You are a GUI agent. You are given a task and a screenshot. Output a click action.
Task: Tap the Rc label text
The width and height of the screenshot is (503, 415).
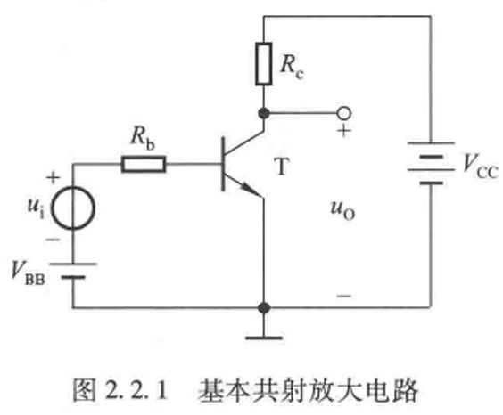click(x=292, y=67)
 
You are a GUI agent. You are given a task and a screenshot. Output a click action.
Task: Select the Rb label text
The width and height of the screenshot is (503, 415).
click(x=143, y=138)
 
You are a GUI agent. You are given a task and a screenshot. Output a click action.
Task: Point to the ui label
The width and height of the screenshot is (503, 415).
click(x=36, y=207)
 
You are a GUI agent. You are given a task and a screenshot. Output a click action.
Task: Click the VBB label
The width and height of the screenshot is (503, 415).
click(x=29, y=273)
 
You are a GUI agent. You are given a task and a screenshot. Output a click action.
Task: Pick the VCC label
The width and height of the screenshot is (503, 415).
click(x=481, y=166)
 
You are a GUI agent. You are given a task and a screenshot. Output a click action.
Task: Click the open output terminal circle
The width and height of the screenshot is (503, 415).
click(x=343, y=113)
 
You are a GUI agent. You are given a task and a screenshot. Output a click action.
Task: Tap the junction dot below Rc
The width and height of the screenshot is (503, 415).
click(x=264, y=113)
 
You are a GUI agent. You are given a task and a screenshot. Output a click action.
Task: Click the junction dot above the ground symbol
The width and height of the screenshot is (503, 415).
click(x=264, y=308)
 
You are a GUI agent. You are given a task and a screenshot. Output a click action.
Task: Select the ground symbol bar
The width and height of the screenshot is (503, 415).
click(x=264, y=338)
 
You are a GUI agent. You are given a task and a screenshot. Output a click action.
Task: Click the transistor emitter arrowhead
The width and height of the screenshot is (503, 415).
click(x=251, y=190)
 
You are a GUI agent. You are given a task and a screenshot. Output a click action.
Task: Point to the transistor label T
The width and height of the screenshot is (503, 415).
click(x=282, y=167)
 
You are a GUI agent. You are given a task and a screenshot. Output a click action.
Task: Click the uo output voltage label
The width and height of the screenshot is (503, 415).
click(x=343, y=210)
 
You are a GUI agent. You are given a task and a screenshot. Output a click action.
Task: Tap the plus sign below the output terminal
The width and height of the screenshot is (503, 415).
click(x=344, y=131)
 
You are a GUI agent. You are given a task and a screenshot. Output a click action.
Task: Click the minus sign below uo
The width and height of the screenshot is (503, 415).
click(x=344, y=296)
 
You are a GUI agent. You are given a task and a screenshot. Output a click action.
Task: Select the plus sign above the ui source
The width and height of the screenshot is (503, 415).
click(x=54, y=177)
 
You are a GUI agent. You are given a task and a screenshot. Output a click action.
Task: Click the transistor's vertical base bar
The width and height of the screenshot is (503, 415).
click(x=223, y=164)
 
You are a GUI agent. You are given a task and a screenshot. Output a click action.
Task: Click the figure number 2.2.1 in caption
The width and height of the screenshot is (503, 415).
click(x=136, y=390)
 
